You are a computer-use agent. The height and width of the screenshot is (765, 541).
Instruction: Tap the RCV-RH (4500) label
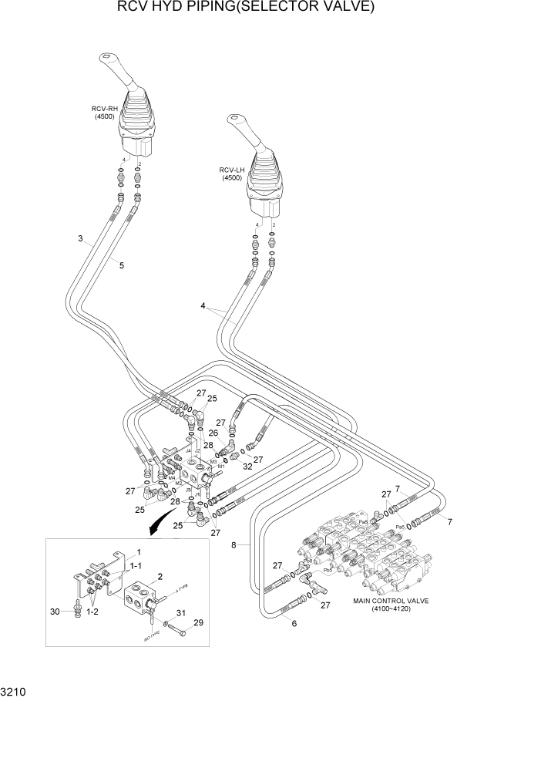coord(103,113)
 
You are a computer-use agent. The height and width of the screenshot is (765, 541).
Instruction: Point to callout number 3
coord(80,238)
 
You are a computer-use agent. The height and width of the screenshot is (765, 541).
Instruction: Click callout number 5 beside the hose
coord(121,265)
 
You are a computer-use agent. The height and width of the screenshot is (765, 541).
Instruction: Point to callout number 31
coord(180,613)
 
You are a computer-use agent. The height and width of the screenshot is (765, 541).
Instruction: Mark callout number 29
coord(198,622)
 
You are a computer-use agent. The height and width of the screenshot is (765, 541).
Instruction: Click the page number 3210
coord(14,693)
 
